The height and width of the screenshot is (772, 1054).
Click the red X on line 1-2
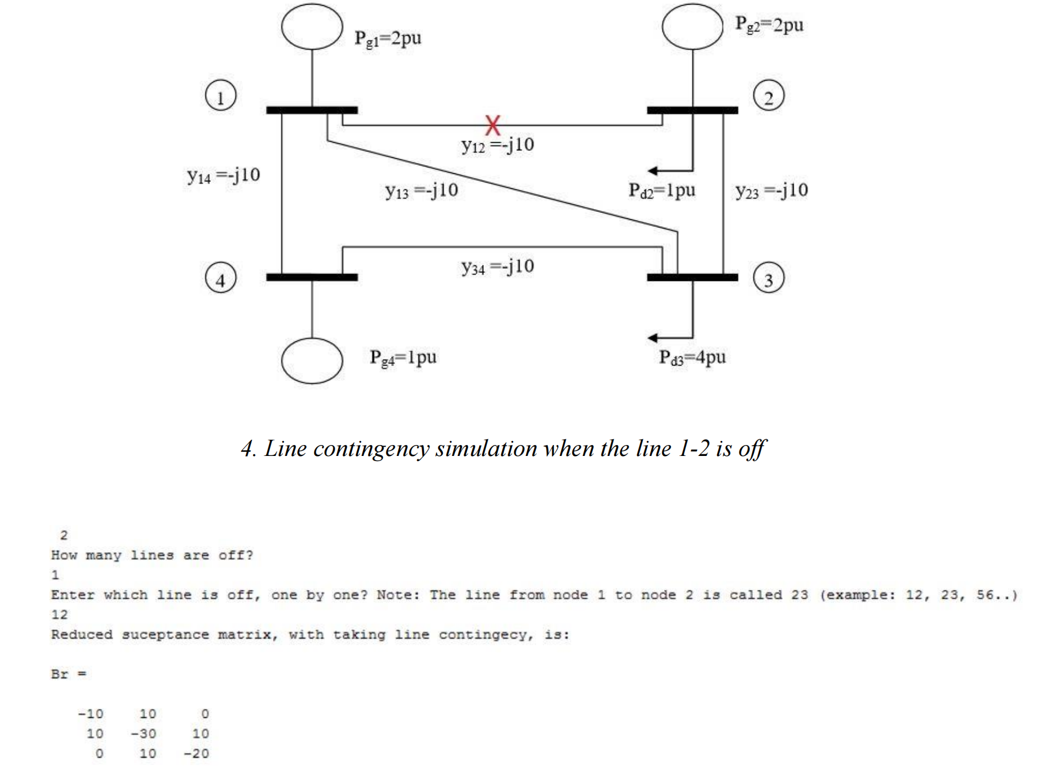(492, 124)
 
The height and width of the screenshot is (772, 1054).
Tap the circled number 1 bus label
(221, 96)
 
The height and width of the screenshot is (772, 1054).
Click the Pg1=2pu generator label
(388, 39)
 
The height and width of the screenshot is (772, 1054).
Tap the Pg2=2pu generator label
(769, 25)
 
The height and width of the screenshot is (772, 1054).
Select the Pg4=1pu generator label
(403, 358)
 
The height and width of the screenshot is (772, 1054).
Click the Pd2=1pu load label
(662, 190)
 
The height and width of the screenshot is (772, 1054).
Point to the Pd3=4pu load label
(692, 358)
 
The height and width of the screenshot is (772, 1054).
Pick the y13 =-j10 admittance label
(422, 190)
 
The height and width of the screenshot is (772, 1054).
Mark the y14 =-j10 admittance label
(223, 175)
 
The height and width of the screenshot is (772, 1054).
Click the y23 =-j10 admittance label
(771, 190)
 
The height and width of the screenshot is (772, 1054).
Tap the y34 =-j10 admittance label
(498, 267)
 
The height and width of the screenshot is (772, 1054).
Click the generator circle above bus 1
(312, 26)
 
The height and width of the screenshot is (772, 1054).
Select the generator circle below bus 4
(312, 360)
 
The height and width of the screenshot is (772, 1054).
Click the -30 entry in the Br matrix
(143, 733)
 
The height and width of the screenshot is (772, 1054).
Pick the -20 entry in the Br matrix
(196, 754)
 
